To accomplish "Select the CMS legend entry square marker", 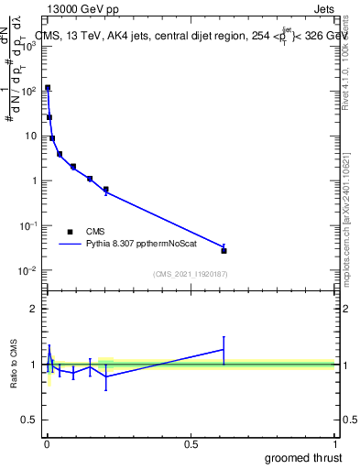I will point(70,232).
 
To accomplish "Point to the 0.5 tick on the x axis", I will point(191,443).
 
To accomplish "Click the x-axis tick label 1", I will point(336,443).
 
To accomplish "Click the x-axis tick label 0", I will point(47,443).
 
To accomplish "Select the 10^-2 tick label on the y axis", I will point(27,270).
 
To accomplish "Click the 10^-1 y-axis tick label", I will point(27,225).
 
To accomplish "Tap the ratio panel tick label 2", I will point(33,309).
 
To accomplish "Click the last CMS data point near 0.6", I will point(224,250).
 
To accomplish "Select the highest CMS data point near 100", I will point(48,88).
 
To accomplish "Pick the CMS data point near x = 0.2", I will point(106,190).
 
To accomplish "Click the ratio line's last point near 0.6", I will point(224,349).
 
